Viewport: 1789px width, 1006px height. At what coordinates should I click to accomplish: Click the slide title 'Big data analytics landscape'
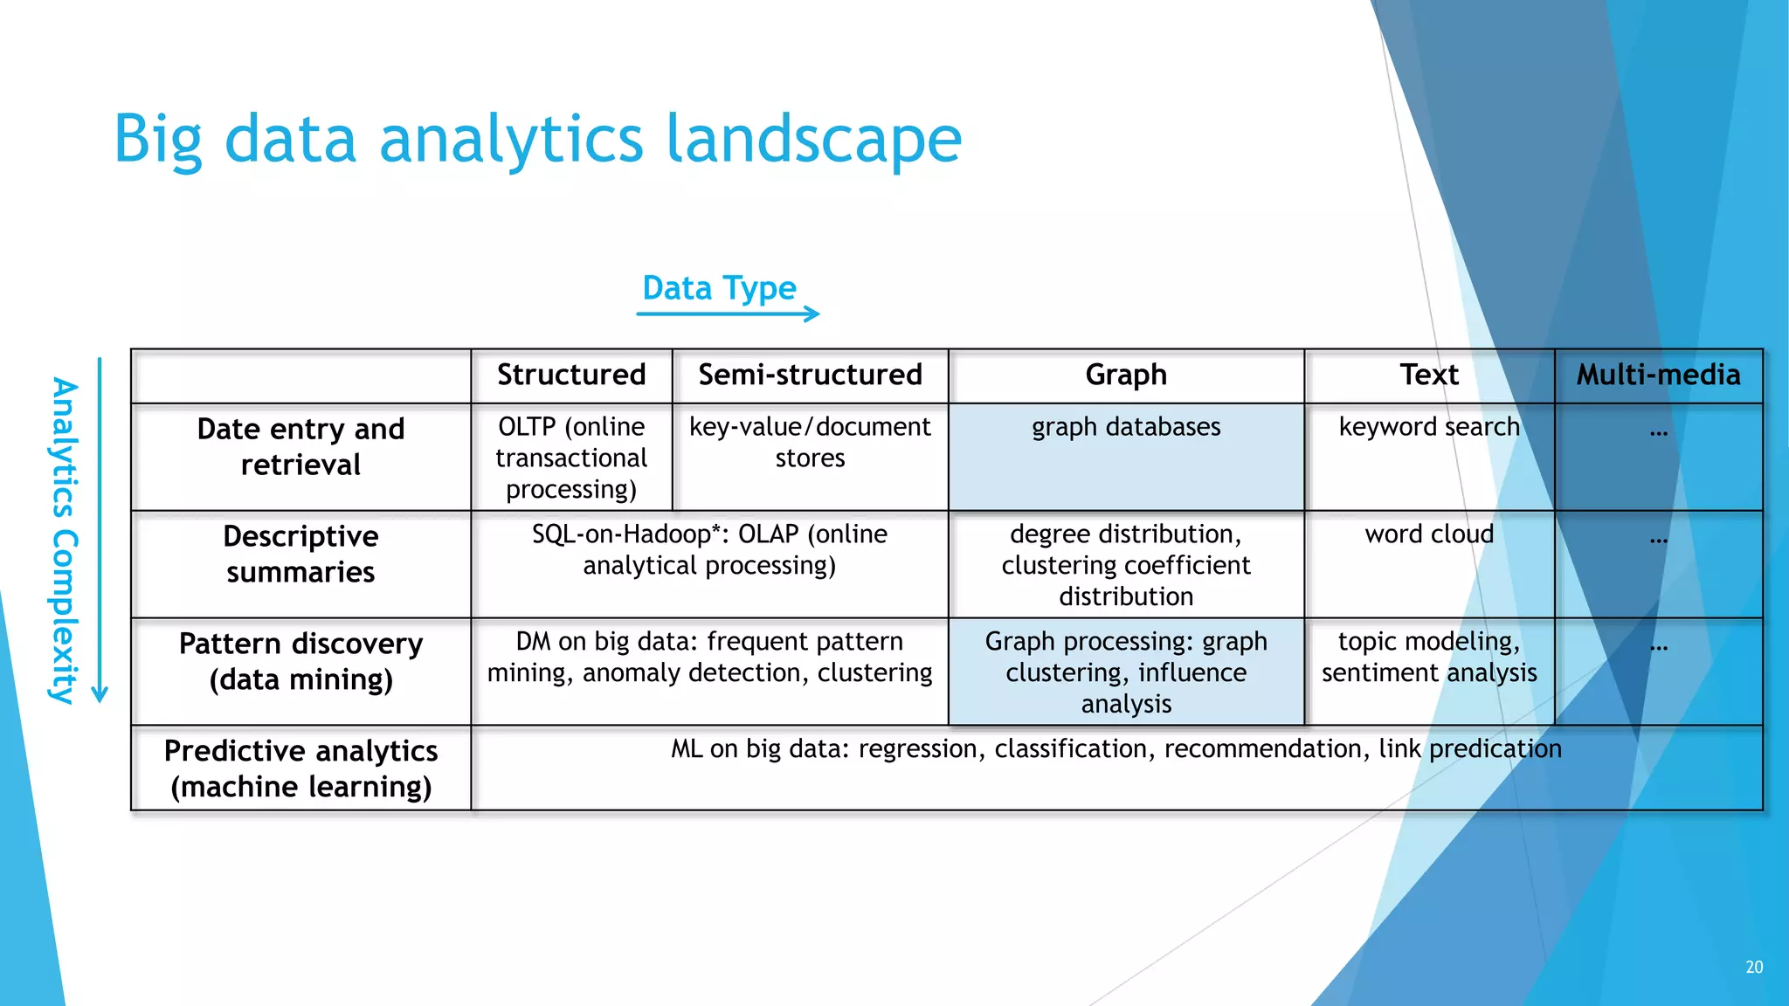[x=537, y=140]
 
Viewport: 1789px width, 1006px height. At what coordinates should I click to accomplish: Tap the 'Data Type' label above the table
[x=719, y=288]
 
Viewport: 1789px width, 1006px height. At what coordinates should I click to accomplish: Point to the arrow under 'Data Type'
[x=728, y=314]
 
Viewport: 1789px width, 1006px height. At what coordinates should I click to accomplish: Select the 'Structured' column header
[x=571, y=375]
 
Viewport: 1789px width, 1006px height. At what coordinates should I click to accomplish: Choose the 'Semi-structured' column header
[x=810, y=375]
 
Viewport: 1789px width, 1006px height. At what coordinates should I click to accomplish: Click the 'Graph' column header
[x=1126, y=375]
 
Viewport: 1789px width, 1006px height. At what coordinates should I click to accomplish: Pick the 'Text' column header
[x=1429, y=375]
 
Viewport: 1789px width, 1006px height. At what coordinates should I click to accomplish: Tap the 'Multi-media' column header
[x=1658, y=375]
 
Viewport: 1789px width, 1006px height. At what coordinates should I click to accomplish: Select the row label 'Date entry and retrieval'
[x=300, y=446]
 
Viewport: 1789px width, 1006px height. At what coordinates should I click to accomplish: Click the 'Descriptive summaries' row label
[x=300, y=554]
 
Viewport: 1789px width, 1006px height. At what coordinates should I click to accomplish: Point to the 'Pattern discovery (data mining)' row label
[x=300, y=661]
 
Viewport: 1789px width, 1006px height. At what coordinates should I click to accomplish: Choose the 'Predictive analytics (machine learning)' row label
[x=300, y=768]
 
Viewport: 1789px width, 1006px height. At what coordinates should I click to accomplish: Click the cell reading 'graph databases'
[x=1126, y=427]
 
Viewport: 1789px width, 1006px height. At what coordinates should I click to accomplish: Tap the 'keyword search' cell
[x=1429, y=427]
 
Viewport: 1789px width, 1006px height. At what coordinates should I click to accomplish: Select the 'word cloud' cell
[x=1429, y=534]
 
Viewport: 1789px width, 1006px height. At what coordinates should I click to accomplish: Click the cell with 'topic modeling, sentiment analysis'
[x=1429, y=657]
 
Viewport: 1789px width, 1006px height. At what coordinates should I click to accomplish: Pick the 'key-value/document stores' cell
[x=810, y=442]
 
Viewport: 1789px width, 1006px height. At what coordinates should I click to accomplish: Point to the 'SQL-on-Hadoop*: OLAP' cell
[x=709, y=549]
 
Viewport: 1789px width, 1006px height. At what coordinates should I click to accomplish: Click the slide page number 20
[x=1754, y=967]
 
